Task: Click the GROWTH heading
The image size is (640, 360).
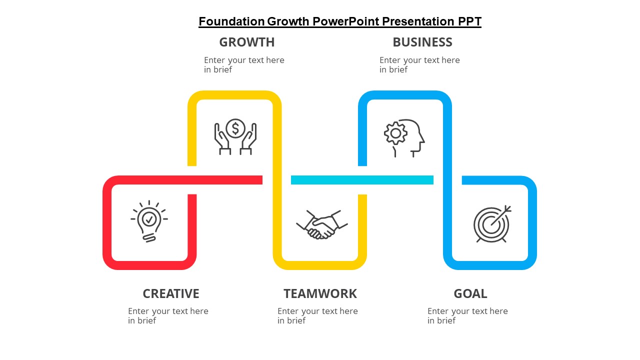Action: [x=247, y=42]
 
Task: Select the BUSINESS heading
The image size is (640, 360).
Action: [x=422, y=42]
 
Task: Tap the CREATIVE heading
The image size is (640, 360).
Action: [x=171, y=293]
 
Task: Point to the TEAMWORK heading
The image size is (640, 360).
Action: [x=320, y=293]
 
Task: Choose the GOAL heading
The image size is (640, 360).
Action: [x=470, y=293]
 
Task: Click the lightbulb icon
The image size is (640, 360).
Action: [x=149, y=221]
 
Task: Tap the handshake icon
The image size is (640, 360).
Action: [x=322, y=224]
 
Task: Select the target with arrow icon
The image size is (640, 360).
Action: [x=492, y=224]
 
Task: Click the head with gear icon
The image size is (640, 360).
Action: [x=404, y=138]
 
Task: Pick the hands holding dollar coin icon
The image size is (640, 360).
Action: [x=235, y=137]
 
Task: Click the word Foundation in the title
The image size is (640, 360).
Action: [x=231, y=21]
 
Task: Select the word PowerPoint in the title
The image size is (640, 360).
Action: [x=345, y=21]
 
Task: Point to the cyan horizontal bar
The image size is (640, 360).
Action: [x=362, y=180]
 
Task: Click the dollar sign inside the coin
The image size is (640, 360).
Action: [x=235, y=128]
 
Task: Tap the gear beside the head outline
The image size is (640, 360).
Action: [x=395, y=133]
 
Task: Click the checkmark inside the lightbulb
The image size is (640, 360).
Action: [x=149, y=219]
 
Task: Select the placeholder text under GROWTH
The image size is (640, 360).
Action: [x=244, y=65]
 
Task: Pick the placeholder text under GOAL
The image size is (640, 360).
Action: [x=467, y=315]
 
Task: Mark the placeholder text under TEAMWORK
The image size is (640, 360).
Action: [x=317, y=315]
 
